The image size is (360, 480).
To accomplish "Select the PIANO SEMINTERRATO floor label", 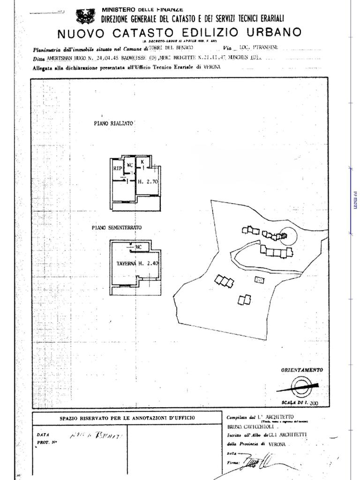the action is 117,227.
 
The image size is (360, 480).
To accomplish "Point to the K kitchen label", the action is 142,162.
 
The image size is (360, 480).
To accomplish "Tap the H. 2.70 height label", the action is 147,181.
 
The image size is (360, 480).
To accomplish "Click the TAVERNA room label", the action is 126,263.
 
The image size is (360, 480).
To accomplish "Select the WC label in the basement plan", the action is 139,247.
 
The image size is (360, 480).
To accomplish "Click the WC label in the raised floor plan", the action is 130,165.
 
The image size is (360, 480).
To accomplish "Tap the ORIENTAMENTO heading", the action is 302,370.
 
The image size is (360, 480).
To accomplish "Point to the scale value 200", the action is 314,403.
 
